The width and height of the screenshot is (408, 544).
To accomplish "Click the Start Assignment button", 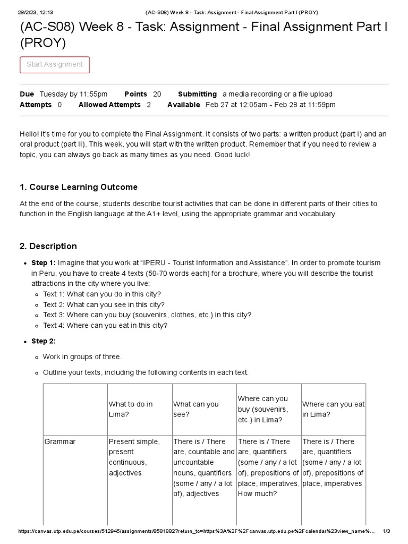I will (55, 65).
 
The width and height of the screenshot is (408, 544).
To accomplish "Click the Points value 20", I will (157, 94).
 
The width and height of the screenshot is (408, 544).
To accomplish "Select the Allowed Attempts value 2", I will (149, 105).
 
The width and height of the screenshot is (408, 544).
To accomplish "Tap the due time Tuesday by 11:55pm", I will (73, 94).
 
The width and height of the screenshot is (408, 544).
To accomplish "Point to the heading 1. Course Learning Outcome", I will (79, 187).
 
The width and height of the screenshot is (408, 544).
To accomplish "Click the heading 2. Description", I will (48, 246).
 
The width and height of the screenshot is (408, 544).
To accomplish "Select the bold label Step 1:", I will (44, 263).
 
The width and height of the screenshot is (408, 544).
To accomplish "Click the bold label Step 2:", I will (44, 341).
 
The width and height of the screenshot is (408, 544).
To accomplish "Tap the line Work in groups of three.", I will (82, 356).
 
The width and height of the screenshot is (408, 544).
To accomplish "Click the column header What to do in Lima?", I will (130, 409).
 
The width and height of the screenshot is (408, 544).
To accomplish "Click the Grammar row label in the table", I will (60, 441).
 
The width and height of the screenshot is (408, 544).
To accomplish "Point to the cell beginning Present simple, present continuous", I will (134, 457).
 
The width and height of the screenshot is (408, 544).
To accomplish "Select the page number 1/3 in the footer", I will (386, 531).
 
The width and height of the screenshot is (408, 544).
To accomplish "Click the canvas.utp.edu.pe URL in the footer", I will (197, 531).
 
